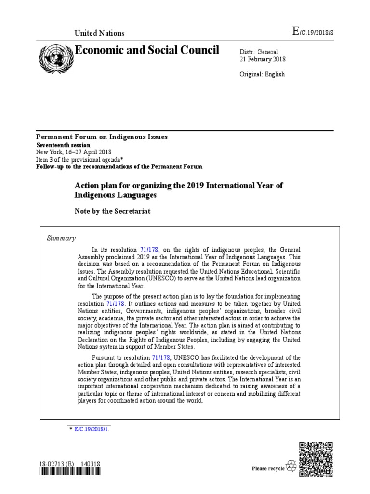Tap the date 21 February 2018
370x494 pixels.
click(x=263, y=59)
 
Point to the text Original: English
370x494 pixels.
click(x=262, y=74)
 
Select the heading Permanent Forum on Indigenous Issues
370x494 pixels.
click(x=102, y=137)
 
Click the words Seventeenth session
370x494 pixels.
click(x=63, y=145)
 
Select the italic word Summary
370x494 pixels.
click(x=61, y=238)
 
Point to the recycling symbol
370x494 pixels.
click(x=291, y=466)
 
